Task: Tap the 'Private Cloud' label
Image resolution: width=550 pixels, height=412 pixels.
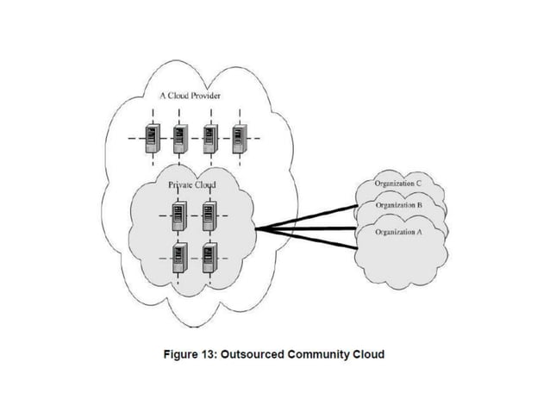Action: click(191, 184)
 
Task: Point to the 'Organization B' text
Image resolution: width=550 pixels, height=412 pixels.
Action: click(398, 205)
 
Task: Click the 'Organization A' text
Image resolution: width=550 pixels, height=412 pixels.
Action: click(398, 233)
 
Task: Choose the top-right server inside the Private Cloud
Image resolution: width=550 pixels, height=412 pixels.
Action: click(209, 215)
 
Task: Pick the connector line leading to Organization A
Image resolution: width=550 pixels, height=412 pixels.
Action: click(319, 239)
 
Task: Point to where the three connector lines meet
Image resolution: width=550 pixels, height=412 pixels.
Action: click(260, 228)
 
